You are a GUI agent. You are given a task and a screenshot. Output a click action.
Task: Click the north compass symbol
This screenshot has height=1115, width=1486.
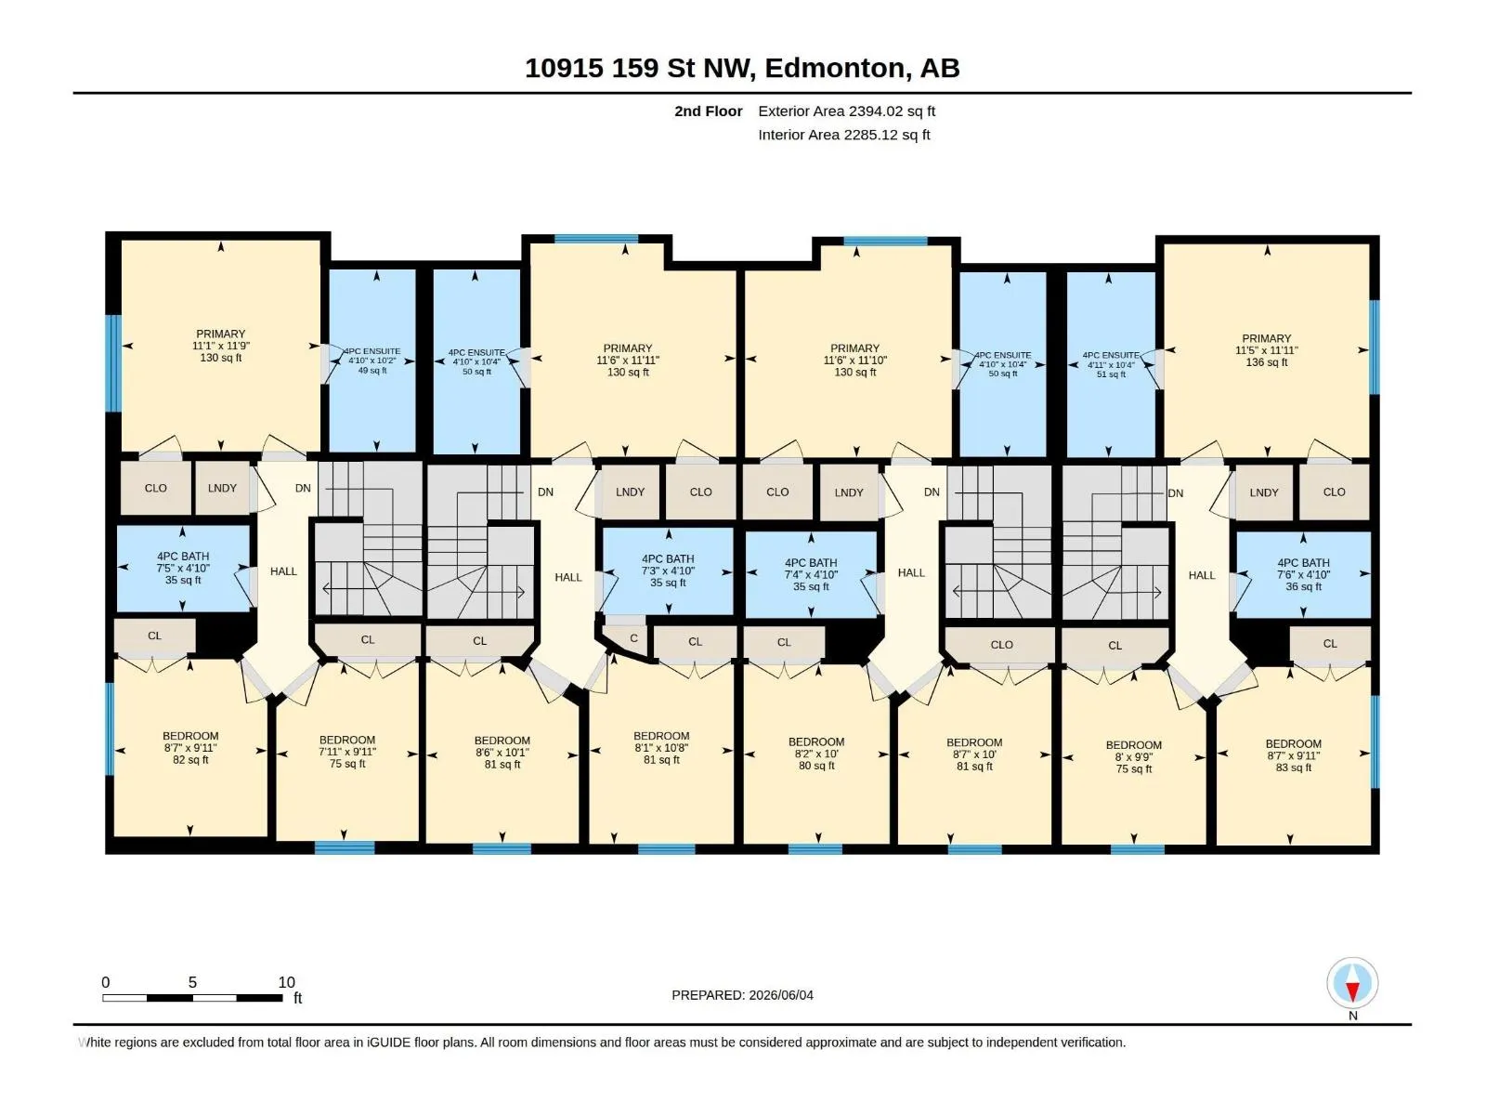click(x=1352, y=982)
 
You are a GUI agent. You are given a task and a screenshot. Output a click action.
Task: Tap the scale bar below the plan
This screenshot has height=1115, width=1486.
click(x=192, y=997)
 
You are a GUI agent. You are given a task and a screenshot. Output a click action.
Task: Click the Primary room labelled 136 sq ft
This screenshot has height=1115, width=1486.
click(x=1266, y=349)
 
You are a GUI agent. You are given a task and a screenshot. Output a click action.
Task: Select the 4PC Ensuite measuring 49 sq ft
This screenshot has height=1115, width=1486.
click(x=372, y=361)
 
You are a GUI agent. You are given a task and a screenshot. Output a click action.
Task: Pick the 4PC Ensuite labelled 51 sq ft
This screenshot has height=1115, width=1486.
click(x=1110, y=364)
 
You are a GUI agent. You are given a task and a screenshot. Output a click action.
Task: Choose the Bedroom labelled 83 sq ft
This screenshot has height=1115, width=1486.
click(x=1293, y=754)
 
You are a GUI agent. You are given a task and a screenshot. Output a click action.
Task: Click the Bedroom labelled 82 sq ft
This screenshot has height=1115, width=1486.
click(x=190, y=747)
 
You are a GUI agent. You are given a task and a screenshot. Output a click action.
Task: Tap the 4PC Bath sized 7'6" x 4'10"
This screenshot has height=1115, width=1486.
click(x=1303, y=574)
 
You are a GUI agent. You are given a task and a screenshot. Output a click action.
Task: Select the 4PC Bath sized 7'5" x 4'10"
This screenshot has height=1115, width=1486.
click(x=183, y=568)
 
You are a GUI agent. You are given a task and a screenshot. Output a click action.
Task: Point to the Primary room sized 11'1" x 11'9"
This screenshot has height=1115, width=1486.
click(x=220, y=346)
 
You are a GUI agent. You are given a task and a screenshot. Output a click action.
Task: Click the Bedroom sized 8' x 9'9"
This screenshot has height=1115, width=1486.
click(x=1133, y=756)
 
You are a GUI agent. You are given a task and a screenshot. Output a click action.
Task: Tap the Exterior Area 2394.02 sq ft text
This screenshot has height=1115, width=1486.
click(x=846, y=111)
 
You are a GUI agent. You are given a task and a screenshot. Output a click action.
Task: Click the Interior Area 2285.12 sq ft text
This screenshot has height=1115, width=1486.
click(x=843, y=135)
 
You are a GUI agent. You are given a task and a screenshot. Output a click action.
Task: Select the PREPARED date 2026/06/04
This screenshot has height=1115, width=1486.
click(x=743, y=995)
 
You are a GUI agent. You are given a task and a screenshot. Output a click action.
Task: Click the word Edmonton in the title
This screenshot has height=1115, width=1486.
click(x=835, y=69)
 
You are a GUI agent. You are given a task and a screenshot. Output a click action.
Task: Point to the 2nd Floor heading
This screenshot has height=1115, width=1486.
click(x=708, y=111)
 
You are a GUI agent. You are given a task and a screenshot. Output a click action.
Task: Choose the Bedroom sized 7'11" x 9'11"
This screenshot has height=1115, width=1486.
click(x=347, y=752)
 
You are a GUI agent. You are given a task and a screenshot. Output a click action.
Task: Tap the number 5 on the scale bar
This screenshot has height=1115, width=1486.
click(x=192, y=982)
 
